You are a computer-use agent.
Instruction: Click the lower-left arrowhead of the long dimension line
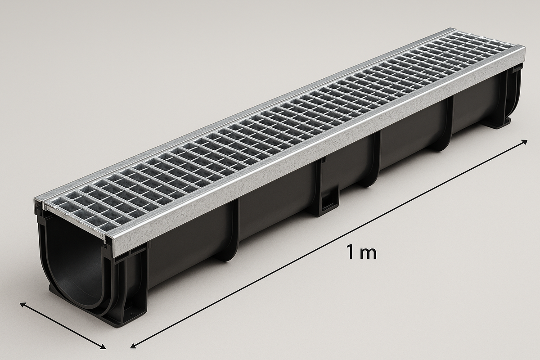[x=133, y=346]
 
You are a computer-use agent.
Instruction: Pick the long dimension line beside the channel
[x=328, y=244]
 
